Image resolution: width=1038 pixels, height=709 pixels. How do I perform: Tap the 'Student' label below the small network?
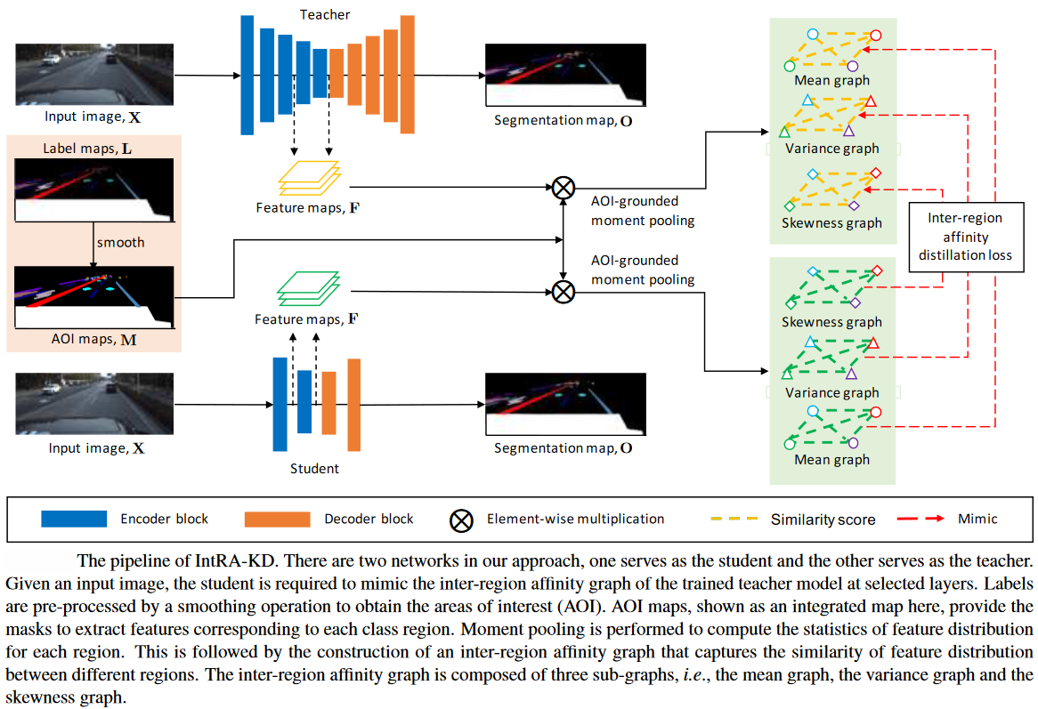(314, 468)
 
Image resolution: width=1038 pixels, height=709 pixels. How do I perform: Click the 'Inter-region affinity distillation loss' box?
(964, 236)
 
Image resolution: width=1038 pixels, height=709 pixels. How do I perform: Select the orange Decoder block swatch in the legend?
(277, 519)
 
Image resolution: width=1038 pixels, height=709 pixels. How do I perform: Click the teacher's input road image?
(93, 75)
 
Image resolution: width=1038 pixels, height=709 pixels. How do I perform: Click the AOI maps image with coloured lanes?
(93, 298)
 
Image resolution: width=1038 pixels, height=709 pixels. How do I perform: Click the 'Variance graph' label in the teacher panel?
(831, 149)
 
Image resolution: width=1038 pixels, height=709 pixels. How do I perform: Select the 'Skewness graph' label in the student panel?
(831, 322)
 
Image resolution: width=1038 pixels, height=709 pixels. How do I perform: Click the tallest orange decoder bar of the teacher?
(408, 75)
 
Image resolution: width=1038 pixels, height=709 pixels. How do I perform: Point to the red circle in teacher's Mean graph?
(875, 36)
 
